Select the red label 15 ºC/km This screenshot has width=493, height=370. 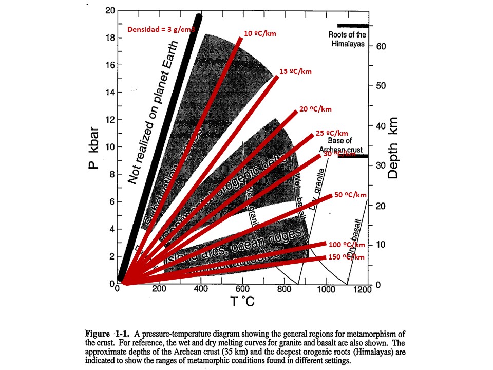click(295, 71)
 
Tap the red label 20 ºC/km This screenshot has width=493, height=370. click(315, 109)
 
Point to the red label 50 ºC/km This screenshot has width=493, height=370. click(350, 195)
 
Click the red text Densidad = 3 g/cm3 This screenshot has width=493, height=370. click(161, 30)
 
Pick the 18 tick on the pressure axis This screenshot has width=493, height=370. click(110, 38)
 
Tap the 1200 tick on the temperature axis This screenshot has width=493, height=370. click(362, 289)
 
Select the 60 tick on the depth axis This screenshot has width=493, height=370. click(381, 46)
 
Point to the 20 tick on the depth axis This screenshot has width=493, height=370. click(381, 206)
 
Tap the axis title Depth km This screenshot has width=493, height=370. click(394, 146)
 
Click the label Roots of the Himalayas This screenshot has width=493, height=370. click(347, 40)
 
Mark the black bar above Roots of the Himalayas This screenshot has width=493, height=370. click(352, 26)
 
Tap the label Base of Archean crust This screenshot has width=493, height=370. click(340, 145)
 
